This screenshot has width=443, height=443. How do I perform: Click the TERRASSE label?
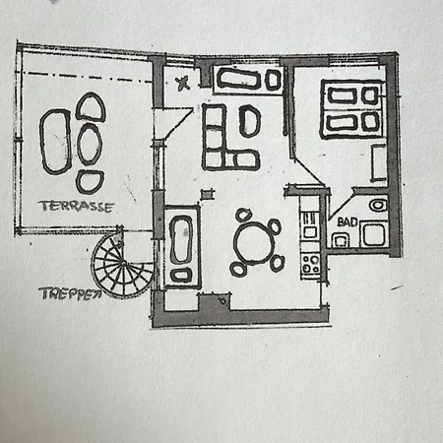pyautogui.click(x=76, y=207)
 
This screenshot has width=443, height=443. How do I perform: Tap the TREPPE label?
pyautogui.click(x=70, y=293)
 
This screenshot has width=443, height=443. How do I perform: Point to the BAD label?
pyautogui.click(x=348, y=222)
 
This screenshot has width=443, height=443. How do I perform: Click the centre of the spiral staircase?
pyautogui.click(x=123, y=263)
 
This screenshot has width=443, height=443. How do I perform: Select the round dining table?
pyautogui.click(x=254, y=243)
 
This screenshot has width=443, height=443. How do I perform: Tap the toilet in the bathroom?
pyautogui.click(x=341, y=240)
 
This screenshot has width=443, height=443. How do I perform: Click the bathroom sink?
pyautogui.click(x=378, y=205)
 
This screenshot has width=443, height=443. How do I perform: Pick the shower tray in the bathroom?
pyautogui.click(x=373, y=234)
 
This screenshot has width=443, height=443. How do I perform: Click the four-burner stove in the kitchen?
pyautogui.click(x=310, y=264)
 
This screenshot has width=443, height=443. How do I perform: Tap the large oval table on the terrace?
pyautogui.click(x=55, y=142)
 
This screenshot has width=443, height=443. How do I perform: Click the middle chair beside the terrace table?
pyautogui.click(x=90, y=145)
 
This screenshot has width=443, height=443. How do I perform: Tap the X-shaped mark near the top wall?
pyautogui.click(x=182, y=83)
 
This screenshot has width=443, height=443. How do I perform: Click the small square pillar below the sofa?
pyautogui.click(x=207, y=195)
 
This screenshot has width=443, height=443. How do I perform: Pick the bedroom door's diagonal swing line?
pyautogui.click(x=309, y=171)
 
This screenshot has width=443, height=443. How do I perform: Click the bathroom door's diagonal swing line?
pyautogui.click(x=342, y=204)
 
